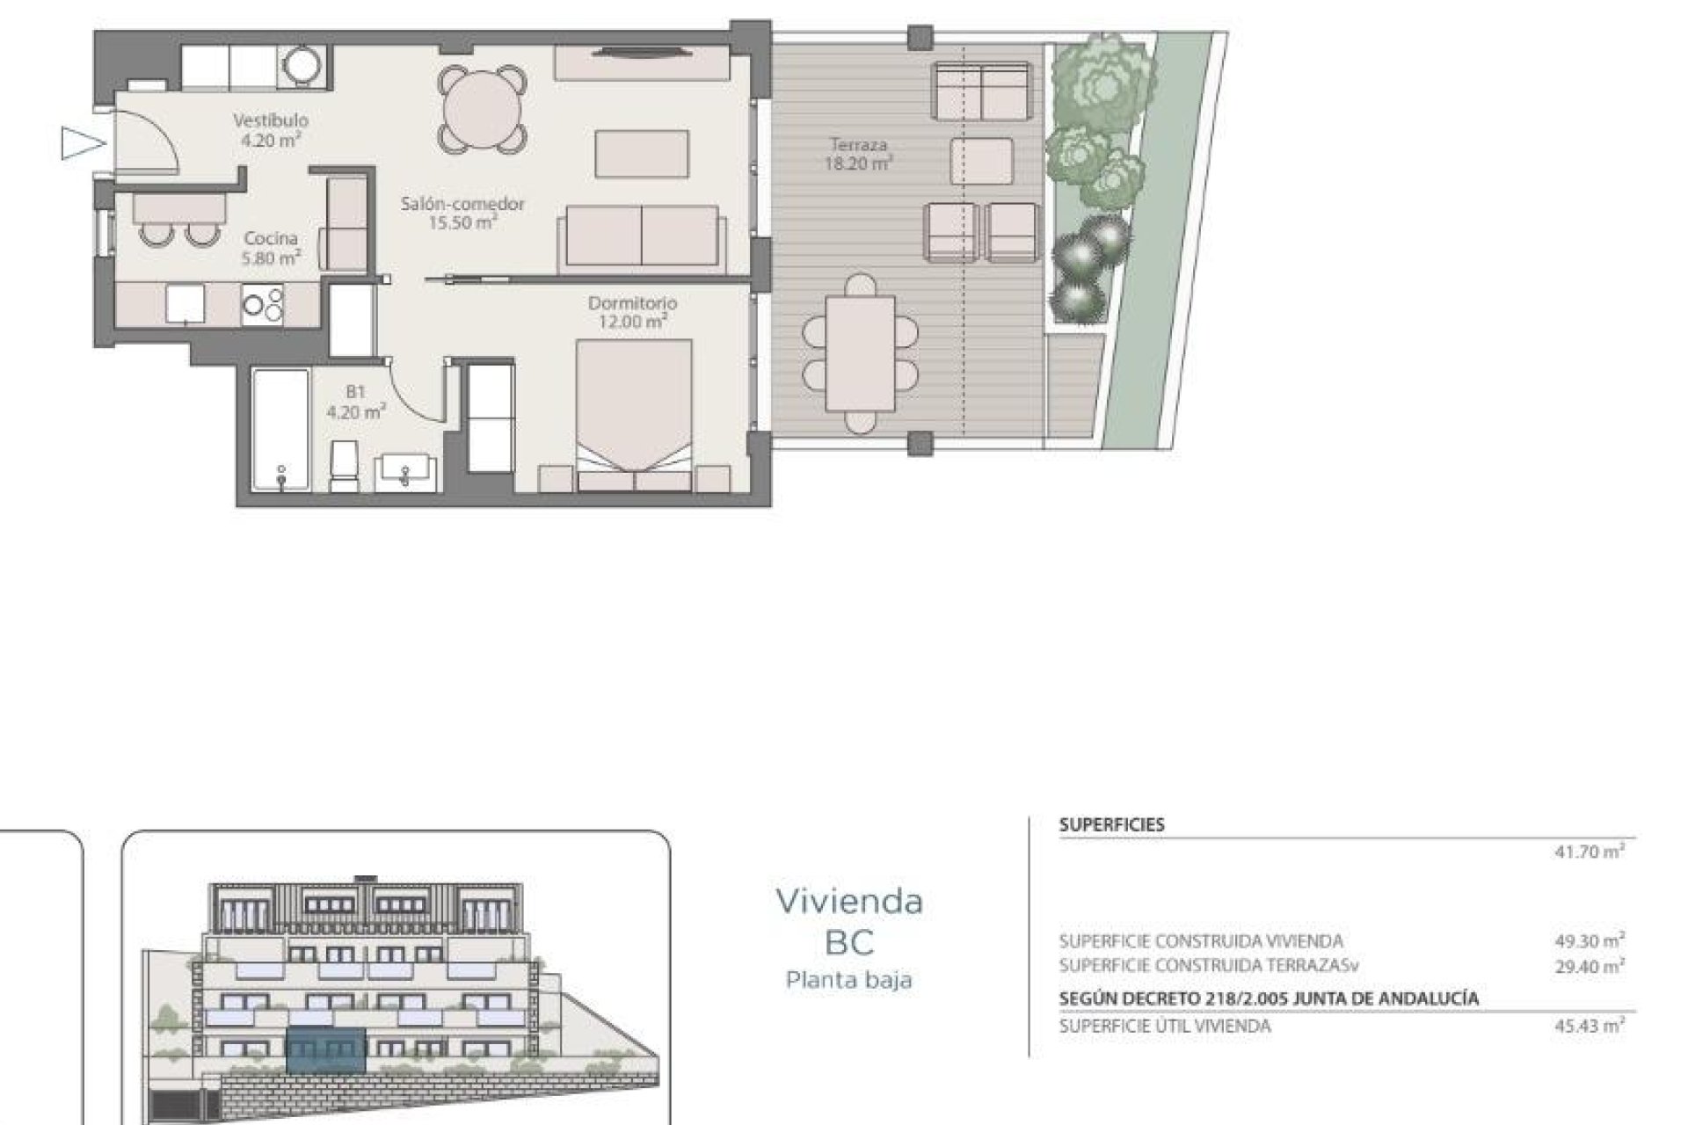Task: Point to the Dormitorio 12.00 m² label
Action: [x=632, y=312]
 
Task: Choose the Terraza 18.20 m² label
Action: [x=858, y=153]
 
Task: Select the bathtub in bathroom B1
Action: [x=280, y=429]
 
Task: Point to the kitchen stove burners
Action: [x=264, y=304]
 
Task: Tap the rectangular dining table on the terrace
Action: [x=860, y=352]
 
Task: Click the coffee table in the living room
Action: [x=642, y=154]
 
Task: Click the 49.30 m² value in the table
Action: [x=1589, y=940]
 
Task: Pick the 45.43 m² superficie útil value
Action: [x=1589, y=1026]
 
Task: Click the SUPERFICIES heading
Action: [x=1111, y=824]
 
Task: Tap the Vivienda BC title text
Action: [x=849, y=920]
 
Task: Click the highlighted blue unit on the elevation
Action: [x=326, y=1050]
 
